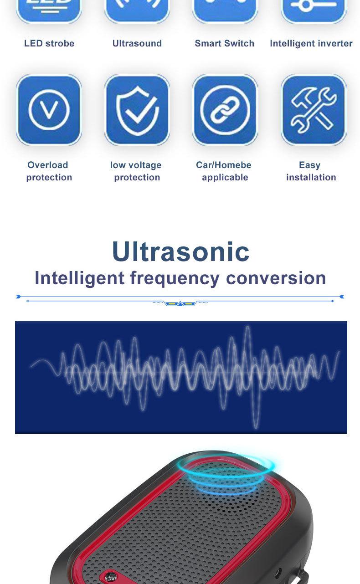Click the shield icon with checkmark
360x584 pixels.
[x=137, y=110]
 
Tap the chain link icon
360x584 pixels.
[x=225, y=110]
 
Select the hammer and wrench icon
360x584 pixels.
[x=314, y=110]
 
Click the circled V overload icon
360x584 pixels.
[x=49, y=110]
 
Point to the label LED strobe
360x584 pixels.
[x=49, y=43]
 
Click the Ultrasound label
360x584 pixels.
[x=137, y=43]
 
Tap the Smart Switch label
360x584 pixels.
[x=224, y=43]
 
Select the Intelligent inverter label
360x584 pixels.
[x=311, y=43]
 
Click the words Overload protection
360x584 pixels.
[x=49, y=171]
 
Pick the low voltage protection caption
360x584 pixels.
[x=136, y=171]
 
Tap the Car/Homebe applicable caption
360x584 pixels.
[x=224, y=171]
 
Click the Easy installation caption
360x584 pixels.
[x=311, y=171]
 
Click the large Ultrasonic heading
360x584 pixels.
[x=180, y=251]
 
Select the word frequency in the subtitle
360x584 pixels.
[x=175, y=278]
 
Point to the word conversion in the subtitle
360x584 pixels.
[x=276, y=278]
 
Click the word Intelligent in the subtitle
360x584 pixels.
[x=79, y=278]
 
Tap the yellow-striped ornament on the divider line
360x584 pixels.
[x=180, y=303]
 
